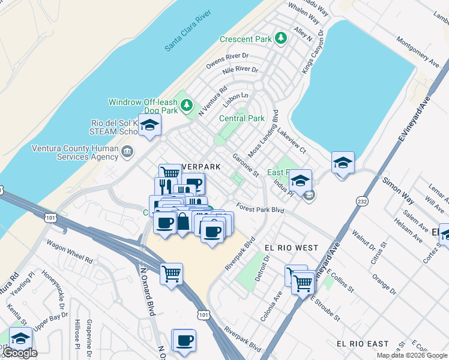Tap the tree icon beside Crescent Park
[280, 38]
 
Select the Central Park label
[241, 118]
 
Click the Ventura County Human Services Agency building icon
[127, 151]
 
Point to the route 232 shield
[361, 201]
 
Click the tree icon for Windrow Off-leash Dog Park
[187, 106]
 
